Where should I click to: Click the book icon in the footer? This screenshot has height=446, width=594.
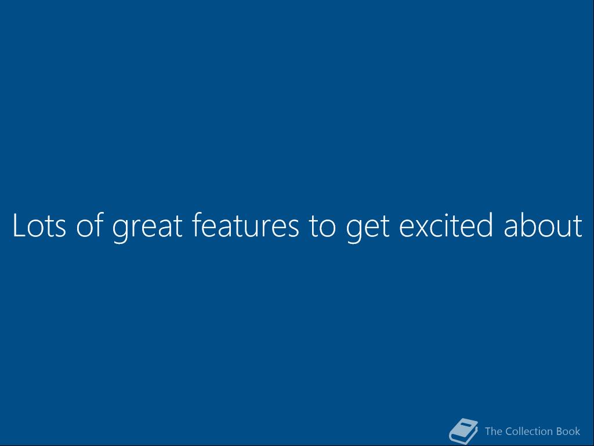tap(463, 431)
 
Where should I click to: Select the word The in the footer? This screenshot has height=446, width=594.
tap(493, 431)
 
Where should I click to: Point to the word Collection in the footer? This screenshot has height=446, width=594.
tap(529, 431)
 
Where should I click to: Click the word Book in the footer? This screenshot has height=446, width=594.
tap(568, 431)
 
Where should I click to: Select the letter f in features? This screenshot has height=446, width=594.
tap(197, 225)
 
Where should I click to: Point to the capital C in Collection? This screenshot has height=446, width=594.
tap(509, 431)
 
